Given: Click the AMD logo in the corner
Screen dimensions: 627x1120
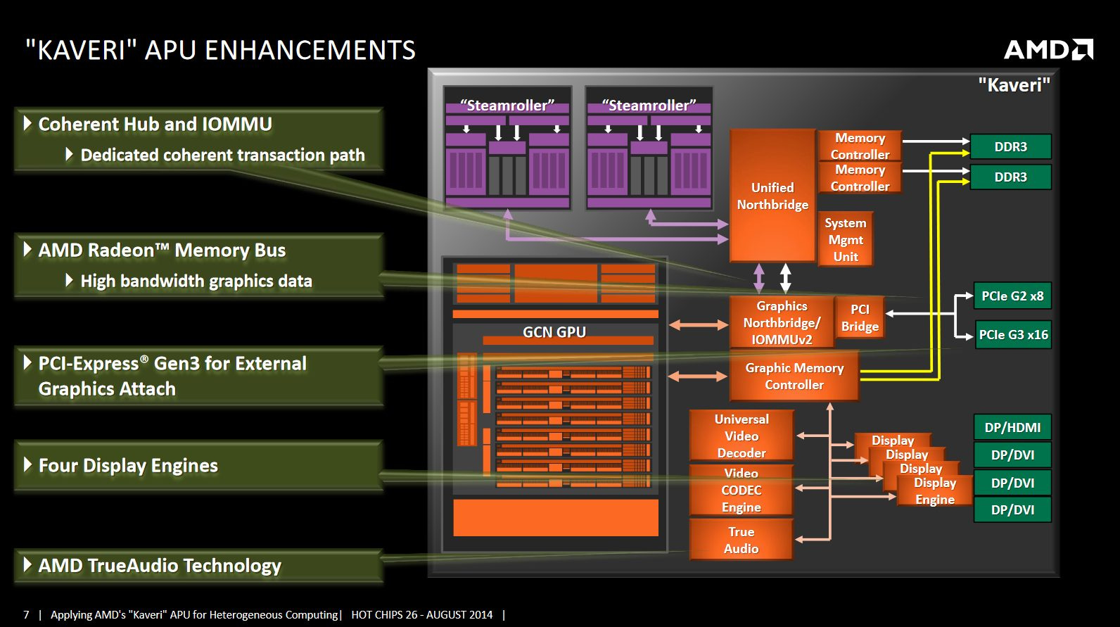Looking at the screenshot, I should [x=1048, y=49].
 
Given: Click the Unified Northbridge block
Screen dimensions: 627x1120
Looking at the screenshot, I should [x=772, y=196].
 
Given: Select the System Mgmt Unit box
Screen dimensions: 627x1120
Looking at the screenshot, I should [x=846, y=239].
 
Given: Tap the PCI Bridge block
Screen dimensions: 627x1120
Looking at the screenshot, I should [x=860, y=317].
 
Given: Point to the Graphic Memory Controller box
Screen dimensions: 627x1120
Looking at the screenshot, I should [x=794, y=376].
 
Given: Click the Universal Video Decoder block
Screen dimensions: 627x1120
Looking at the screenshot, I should [x=742, y=436].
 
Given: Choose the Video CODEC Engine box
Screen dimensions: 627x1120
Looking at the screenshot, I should [x=742, y=490].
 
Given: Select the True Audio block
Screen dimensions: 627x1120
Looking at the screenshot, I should [x=742, y=540].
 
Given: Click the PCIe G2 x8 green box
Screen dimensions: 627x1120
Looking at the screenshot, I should [x=1012, y=296].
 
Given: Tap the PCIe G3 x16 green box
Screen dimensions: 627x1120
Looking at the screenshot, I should [x=1012, y=335].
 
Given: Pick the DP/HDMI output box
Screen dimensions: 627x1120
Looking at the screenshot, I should [x=1012, y=427].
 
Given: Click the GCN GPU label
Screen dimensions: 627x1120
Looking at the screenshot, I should [x=554, y=332].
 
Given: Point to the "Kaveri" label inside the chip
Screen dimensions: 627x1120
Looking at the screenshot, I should [x=1014, y=85].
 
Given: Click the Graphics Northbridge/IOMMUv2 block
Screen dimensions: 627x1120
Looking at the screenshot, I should [x=782, y=322].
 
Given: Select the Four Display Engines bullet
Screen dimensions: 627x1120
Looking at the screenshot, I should [x=128, y=466].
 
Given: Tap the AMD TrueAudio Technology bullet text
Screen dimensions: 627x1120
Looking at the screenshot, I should [x=160, y=566].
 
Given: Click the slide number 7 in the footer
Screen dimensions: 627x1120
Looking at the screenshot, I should [x=26, y=614].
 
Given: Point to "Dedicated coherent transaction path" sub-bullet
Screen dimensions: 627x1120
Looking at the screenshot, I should [x=222, y=155].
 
